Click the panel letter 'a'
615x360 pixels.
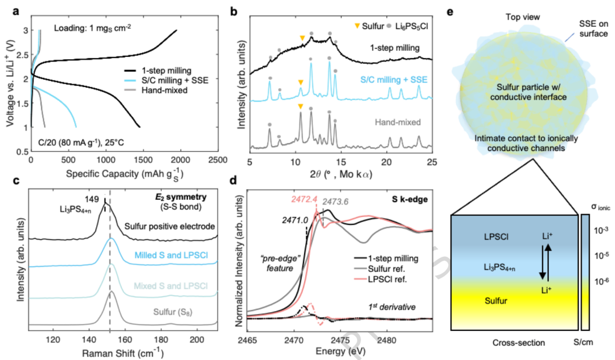(x=16, y=11)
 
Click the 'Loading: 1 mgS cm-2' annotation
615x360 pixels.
(x=93, y=28)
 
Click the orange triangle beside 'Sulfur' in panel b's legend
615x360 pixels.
(x=356, y=26)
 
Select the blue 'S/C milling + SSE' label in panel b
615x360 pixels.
(x=394, y=80)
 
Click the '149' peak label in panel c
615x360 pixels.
(x=92, y=199)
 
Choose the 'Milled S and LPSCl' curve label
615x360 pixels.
(x=171, y=255)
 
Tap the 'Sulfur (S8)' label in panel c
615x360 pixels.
(x=173, y=312)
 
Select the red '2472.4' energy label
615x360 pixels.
(x=304, y=199)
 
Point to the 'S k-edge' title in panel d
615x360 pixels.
(x=409, y=199)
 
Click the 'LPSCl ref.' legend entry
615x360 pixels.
(x=387, y=279)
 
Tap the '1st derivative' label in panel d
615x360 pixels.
(x=392, y=306)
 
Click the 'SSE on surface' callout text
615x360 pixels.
(x=593, y=28)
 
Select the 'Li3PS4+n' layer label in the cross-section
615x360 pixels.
(x=499, y=268)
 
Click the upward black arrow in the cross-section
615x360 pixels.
(x=548, y=263)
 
